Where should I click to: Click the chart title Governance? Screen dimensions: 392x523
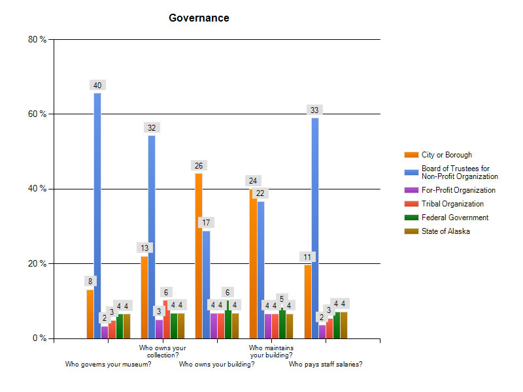pyautogui.click(x=199, y=18)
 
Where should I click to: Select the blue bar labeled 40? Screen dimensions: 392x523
pyautogui.click(x=97, y=216)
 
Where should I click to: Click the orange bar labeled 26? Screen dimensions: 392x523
pyautogui.click(x=199, y=255)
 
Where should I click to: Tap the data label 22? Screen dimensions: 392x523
pyautogui.click(x=260, y=194)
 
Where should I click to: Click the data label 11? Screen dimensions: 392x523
pyautogui.click(x=307, y=257)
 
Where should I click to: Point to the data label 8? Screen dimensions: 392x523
pyautogui.click(x=90, y=282)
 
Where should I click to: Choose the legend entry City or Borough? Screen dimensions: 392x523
pyautogui.click(x=447, y=155)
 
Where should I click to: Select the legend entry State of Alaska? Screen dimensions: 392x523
pyautogui.click(x=446, y=231)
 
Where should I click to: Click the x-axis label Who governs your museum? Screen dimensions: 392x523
pyautogui.click(x=109, y=365)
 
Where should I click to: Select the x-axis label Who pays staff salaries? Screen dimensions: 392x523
pyautogui.click(x=326, y=365)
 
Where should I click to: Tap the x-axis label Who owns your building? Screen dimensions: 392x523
pyautogui.click(x=216, y=365)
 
